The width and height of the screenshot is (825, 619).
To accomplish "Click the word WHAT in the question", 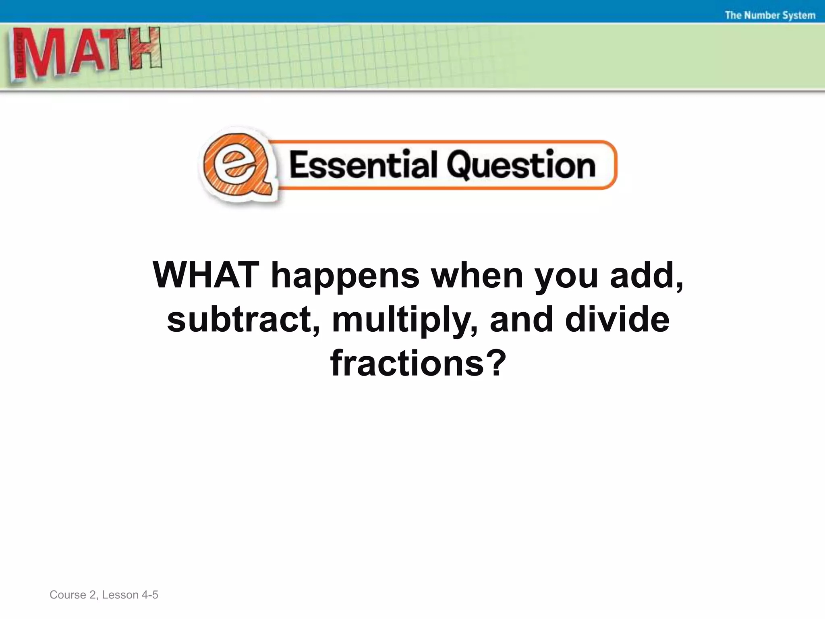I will coord(206,275).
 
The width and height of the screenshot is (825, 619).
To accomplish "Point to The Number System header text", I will coord(770,15).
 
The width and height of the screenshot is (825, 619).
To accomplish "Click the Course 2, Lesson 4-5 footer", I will coord(104,595).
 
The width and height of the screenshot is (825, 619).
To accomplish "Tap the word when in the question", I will coord(477,276).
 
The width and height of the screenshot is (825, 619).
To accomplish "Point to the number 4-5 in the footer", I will coord(150,595).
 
